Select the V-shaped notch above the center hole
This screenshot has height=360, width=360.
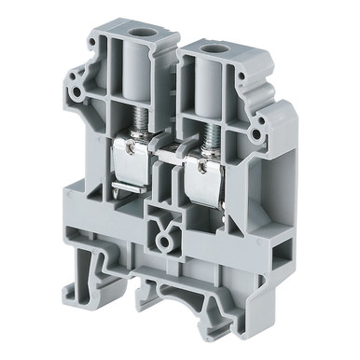pos(164,225)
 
